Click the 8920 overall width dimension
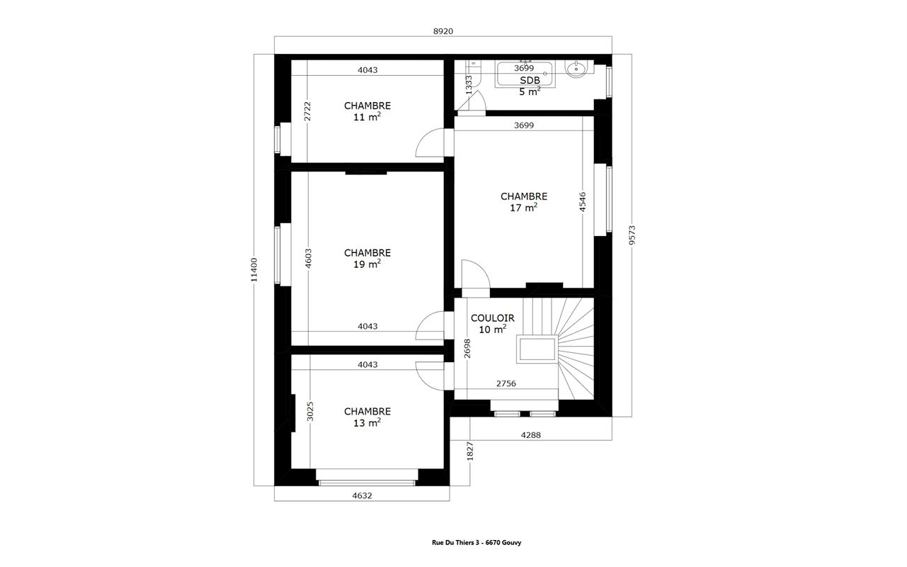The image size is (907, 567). pyautogui.click(x=443, y=31)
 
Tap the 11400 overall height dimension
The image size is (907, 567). pyautogui.click(x=254, y=270)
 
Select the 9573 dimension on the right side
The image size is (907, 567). pyautogui.click(x=632, y=235)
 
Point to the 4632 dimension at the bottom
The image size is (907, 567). pyautogui.click(x=362, y=495)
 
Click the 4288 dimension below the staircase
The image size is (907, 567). pyautogui.click(x=531, y=435)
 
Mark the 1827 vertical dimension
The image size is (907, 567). pyautogui.click(x=470, y=451)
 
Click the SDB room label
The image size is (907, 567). pyautogui.click(x=530, y=80)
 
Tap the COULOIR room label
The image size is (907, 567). pyautogui.click(x=492, y=318)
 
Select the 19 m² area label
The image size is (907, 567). pyautogui.click(x=367, y=264)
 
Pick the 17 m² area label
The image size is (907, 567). pyautogui.click(x=523, y=207)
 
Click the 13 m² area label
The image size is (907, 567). pyautogui.click(x=367, y=422)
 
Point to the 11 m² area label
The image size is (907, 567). pyautogui.click(x=367, y=117)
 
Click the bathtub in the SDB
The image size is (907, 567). pyautogui.click(x=525, y=74)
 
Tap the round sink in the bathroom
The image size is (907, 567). pyautogui.click(x=576, y=69)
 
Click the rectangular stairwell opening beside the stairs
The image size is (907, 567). pyautogui.click(x=537, y=349)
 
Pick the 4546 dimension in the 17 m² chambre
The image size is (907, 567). pyautogui.click(x=582, y=201)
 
